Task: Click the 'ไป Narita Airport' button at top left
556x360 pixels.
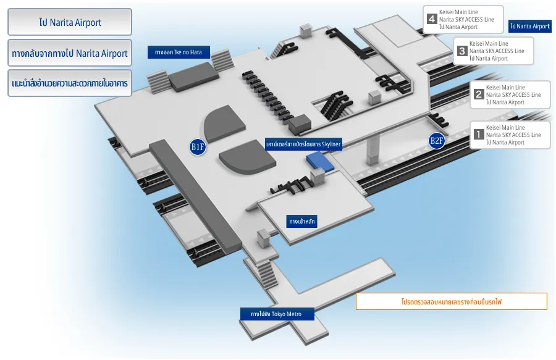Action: tap(69, 22)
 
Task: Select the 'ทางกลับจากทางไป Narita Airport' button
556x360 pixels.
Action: tap(69, 53)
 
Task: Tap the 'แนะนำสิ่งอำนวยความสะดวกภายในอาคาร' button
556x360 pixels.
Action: tap(69, 83)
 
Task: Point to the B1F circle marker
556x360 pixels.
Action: tap(198, 147)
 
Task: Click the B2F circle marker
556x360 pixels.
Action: tap(437, 141)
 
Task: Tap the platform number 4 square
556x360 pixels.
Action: tap(432, 19)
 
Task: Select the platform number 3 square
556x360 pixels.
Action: tap(462, 51)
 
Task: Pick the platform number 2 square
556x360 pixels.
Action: tap(479, 94)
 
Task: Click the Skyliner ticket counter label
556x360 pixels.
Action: tap(303, 143)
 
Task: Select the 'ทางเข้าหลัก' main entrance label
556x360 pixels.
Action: tap(302, 220)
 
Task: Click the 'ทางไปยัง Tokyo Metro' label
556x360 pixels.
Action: tap(277, 314)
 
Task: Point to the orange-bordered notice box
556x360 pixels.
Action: tap(451, 301)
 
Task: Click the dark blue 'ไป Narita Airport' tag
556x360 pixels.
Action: tap(529, 27)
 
